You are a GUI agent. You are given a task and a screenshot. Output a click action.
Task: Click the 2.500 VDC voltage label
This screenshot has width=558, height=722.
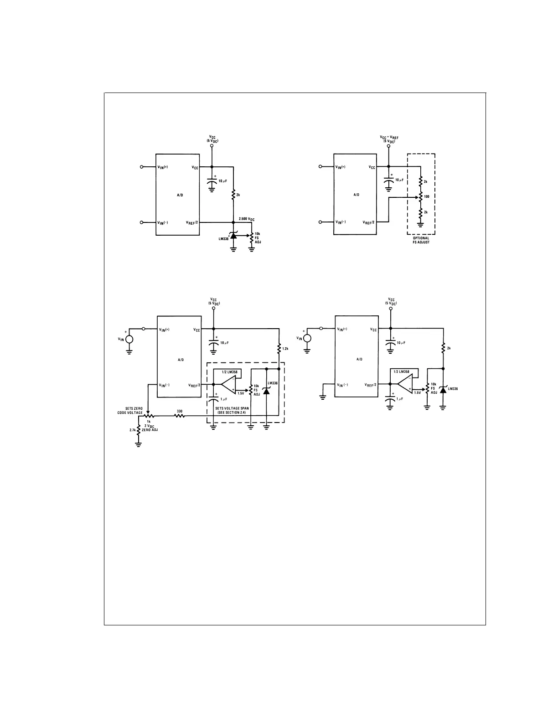coord(246,219)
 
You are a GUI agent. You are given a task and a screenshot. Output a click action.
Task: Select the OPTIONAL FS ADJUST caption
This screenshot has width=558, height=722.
coord(421,240)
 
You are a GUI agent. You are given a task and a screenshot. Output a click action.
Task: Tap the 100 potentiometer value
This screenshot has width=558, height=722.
coord(426,197)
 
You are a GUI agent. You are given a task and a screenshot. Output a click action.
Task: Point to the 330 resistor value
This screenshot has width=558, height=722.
coord(180,411)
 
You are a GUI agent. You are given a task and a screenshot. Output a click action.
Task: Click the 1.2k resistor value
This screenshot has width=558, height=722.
coord(285,349)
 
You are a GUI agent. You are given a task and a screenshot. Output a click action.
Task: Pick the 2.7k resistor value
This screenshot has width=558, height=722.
coord(133,430)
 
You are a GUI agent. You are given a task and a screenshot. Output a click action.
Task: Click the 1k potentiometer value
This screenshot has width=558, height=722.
coord(148,422)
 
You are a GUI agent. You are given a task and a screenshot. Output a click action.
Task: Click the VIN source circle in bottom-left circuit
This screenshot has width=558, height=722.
coord(129,339)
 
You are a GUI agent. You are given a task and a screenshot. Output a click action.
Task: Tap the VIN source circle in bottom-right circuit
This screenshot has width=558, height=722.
coord(307,338)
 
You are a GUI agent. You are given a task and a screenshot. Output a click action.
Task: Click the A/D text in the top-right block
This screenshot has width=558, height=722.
coord(356,194)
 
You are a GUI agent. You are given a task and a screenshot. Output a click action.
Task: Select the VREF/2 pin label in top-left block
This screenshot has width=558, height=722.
coord(192,222)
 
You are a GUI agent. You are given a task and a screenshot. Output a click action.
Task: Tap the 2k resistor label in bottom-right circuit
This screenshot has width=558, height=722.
coord(449,348)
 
